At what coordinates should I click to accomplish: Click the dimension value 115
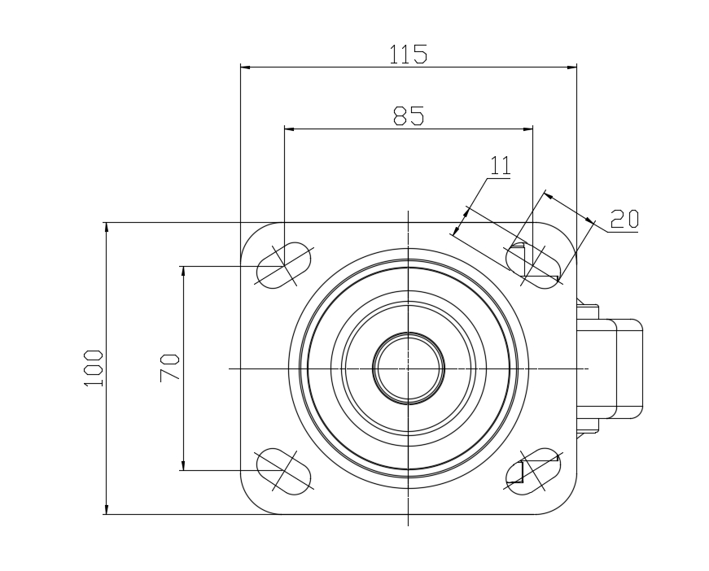[x=408, y=54]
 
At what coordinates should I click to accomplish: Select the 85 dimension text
[x=409, y=116]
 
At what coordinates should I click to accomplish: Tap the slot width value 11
[x=501, y=165]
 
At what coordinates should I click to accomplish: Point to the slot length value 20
[x=624, y=219]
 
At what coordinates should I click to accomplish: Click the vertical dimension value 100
[x=94, y=368]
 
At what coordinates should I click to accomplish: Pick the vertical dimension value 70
[x=169, y=368]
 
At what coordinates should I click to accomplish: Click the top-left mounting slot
[x=284, y=265]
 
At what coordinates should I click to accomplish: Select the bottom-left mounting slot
[x=284, y=471]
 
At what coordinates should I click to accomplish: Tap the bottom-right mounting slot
[x=532, y=471]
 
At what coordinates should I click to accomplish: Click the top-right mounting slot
[x=532, y=265]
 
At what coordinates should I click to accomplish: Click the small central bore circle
[x=409, y=368]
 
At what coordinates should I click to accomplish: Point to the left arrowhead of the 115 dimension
[x=246, y=68]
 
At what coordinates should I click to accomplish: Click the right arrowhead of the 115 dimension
[x=571, y=68]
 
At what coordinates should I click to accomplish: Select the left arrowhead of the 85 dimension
[x=290, y=129]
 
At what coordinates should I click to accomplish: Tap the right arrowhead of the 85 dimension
[x=527, y=129]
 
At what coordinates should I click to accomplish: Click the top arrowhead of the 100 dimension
[x=107, y=228]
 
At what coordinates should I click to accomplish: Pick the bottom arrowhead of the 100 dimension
[x=107, y=509]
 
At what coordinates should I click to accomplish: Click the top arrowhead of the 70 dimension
[x=183, y=272]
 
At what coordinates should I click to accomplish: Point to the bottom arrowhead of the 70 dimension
[x=183, y=465]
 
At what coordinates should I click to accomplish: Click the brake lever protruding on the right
[x=610, y=368]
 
